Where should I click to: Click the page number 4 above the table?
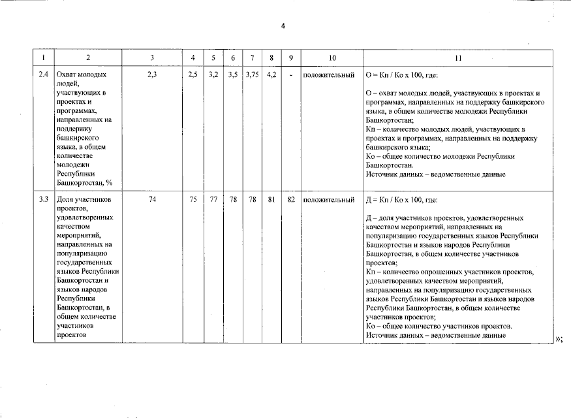click(283, 26)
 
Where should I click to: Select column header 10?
click(333, 58)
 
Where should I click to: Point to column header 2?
click(88, 58)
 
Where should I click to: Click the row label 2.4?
click(43, 74)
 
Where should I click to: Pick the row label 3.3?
click(43, 200)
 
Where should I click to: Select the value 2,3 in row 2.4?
click(152, 74)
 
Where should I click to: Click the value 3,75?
click(252, 74)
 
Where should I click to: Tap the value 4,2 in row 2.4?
click(271, 74)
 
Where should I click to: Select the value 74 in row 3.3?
click(152, 200)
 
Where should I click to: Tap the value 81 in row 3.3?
click(271, 200)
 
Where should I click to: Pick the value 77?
click(213, 200)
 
